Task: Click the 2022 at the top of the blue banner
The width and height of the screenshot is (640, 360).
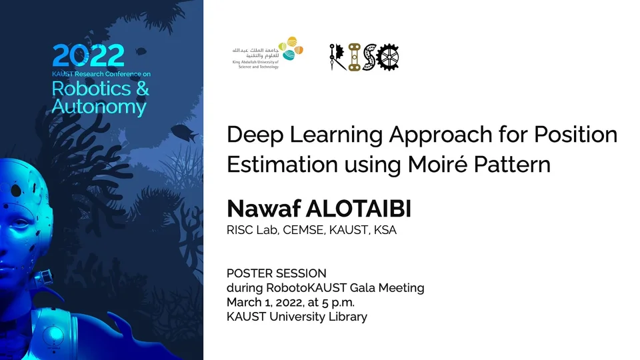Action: coord(88,55)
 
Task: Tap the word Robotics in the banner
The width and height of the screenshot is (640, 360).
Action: coord(91,89)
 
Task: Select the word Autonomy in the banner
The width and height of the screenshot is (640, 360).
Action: coord(99,107)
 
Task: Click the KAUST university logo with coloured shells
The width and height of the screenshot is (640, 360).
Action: coord(268,53)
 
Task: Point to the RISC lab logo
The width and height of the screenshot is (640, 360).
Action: coord(364,57)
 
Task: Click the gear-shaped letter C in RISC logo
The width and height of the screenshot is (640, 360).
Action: coord(387,57)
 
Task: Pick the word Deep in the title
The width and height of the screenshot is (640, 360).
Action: coord(255,135)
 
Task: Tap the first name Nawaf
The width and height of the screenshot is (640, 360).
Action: coord(264,209)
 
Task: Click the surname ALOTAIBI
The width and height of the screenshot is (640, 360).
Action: coord(359,209)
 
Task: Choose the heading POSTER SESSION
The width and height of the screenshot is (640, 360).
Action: coord(276,273)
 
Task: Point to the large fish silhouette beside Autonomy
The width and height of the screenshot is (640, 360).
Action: coord(185,133)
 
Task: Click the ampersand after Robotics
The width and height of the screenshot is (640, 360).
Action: coord(143,89)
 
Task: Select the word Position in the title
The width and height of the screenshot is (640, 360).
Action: coord(575,134)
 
